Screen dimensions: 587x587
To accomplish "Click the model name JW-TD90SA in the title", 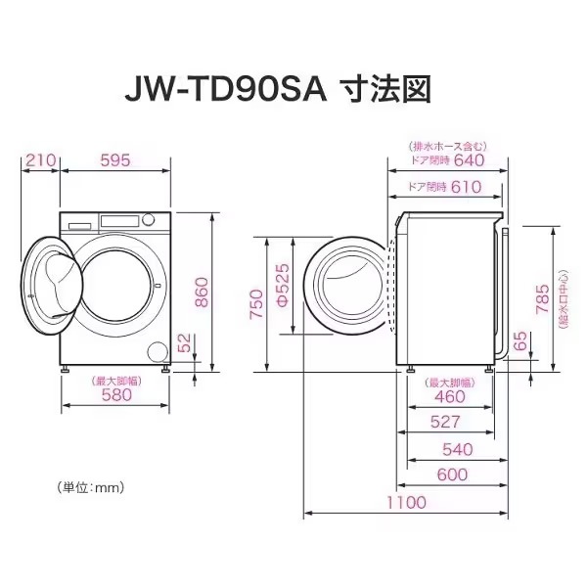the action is tap(226, 91).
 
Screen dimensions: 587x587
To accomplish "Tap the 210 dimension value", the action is tap(40, 160).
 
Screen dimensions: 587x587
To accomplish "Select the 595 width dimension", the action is tap(115, 160).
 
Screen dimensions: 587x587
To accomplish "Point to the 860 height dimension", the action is tap(202, 293).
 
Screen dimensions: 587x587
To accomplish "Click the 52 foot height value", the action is tap(185, 342).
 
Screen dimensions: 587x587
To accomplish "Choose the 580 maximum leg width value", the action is tap(116, 395).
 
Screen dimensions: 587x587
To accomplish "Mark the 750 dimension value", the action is tap(257, 303).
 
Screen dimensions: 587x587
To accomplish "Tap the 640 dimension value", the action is tap(469, 160).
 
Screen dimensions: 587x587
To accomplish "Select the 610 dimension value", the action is tap(466, 187).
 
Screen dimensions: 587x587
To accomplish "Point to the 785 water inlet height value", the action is tap(543, 298).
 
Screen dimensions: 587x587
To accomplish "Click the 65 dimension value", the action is tap(520, 340).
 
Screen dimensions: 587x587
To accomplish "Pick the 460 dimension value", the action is tap(450, 397).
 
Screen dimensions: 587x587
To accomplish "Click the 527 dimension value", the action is tap(445, 423).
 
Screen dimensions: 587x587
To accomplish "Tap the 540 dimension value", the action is tap(458, 449).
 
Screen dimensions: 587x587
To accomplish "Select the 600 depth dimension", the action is tap(453, 474).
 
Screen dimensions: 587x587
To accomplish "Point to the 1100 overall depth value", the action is tap(407, 503).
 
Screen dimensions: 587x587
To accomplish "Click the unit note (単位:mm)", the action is tap(90, 488).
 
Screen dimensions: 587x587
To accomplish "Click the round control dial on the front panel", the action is tap(149, 220).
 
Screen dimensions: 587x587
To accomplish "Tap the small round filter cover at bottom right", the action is tap(158, 352).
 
